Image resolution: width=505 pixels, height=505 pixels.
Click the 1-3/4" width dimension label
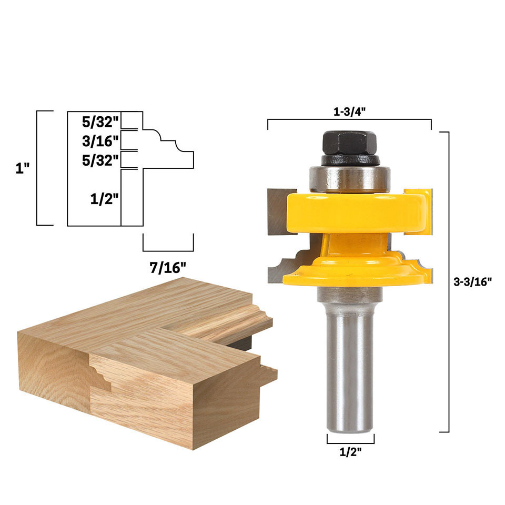coord(349,112)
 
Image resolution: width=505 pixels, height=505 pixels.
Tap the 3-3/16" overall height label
coord(472,282)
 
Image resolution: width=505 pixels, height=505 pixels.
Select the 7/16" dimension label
coord(168,267)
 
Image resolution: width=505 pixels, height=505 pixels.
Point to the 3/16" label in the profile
coord(100,141)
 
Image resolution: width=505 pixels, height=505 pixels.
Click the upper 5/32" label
coord(100,122)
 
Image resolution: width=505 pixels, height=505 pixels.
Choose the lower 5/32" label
coord(100,160)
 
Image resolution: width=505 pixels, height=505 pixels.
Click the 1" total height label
coord(23,168)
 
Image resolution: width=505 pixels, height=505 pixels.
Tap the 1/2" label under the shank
coord(350,452)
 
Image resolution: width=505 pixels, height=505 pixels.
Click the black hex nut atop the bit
coord(349,143)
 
